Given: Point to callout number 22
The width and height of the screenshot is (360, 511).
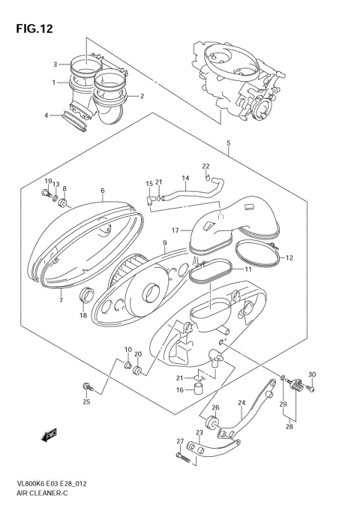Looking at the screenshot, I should click(x=205, y=166).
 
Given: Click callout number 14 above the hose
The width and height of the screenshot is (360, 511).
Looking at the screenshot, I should click(x=184, y=178).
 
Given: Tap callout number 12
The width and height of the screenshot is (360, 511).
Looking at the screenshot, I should click(x=289, y=258).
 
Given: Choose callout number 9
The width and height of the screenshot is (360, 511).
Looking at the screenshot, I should click(x=163, y=242).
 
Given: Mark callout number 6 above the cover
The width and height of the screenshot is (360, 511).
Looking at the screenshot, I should click(x=102, y=191).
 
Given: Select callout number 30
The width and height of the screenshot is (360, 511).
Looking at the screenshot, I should click(x=312, y=375).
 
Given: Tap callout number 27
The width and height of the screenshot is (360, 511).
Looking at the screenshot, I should click(x=180, y=440).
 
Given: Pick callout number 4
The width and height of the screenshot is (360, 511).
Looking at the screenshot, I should click(x=46, y=116).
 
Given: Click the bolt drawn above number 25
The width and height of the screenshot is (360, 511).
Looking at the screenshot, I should click(x=86, y=386).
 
